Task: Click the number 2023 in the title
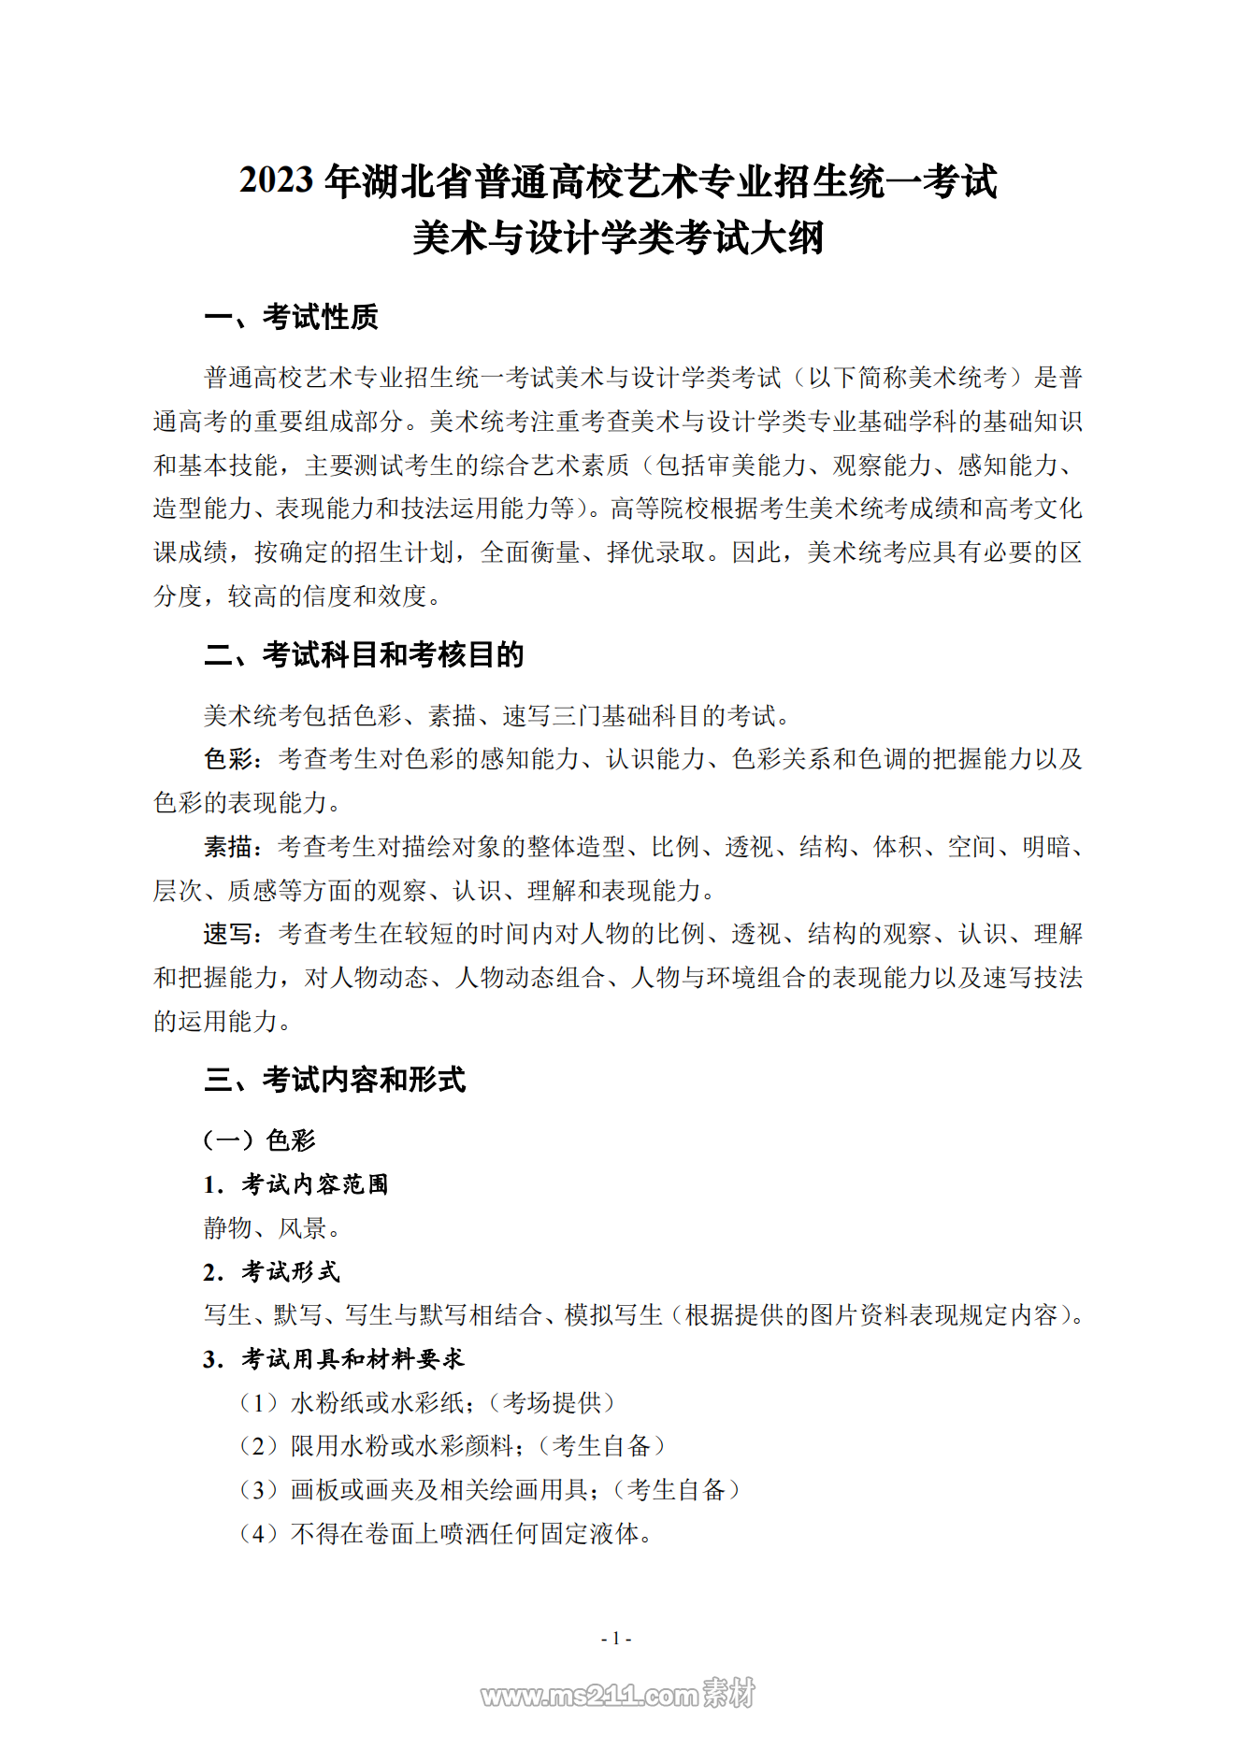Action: click(x=276, y=180)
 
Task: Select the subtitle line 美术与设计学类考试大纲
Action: click(x=618, y=238)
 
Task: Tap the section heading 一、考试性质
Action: click(x=291, y=318)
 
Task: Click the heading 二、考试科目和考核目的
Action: click(x=364, y=655)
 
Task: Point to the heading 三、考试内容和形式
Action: click(x=335, y=1080)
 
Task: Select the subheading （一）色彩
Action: click(x=260, y=1140)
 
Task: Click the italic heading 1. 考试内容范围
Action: click(x=295, y=1184)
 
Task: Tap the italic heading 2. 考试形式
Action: click(x=271, y=1271)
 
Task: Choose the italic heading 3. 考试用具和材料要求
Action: click(x=334, y=1358)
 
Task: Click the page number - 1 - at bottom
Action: click(x=616, y=1638)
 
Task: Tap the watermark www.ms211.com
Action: click(x=589, y=1695)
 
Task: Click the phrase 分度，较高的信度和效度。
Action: click(x=297, y=596)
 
